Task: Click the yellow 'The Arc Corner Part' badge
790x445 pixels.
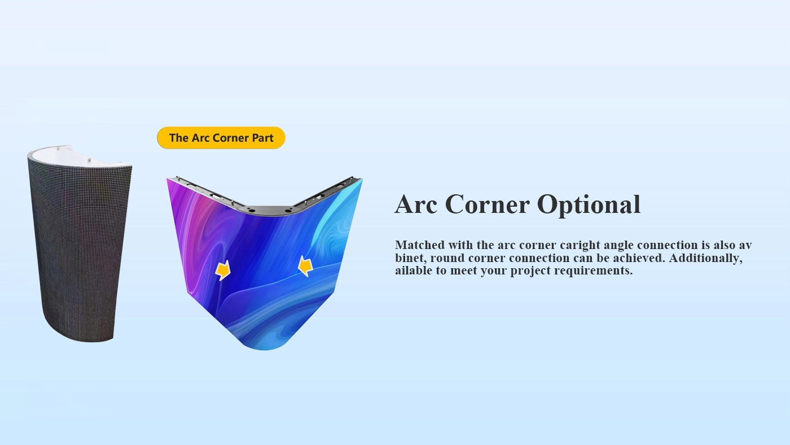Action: tap(221, 138)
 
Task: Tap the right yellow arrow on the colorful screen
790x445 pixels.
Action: tap(305, 266)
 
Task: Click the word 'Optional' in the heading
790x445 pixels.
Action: tap(589, 204)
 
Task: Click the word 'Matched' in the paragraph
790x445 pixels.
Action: tap(420, 245)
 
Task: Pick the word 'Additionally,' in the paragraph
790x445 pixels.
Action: tap(705, 258)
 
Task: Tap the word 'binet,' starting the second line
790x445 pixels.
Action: tap(411, 258)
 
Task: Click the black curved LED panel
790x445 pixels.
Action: tap(80, 247)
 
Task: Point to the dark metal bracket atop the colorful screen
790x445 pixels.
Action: tap(268, 210)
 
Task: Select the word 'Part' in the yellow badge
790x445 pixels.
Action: tap(263, 138)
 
